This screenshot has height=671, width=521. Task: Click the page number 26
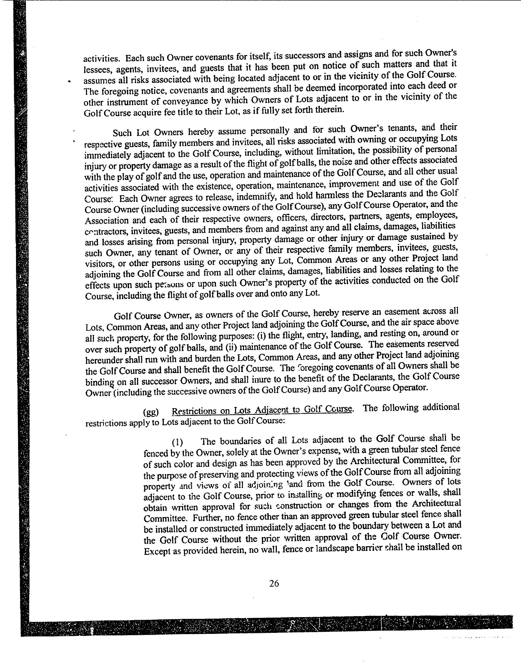pos(274,583)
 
